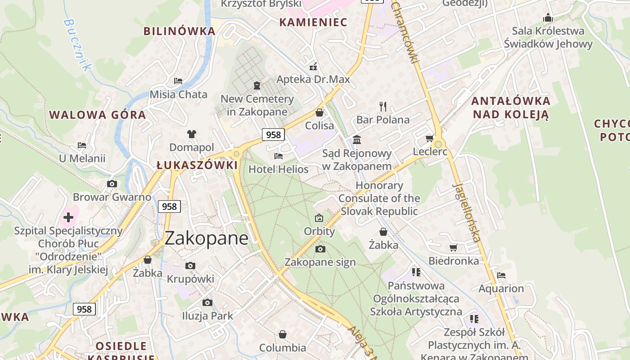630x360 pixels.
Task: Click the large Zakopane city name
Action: [x=206, y=238]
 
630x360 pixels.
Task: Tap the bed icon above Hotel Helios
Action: [x=279, y=156]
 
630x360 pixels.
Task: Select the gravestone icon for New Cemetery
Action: [x=257, y=85]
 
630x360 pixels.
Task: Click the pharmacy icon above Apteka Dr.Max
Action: [x=313, y=67]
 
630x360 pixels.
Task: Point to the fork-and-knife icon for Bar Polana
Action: [x=383, y=106]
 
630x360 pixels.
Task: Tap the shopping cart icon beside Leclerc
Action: [x=429, y=138]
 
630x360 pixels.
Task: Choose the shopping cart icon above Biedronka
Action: [x=453, y=247]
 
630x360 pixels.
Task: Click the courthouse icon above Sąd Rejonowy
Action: [x=357, y=139]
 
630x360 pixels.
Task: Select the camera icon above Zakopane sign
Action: [x=320, y=249]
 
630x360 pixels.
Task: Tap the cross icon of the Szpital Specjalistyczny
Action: [x=68, y=217]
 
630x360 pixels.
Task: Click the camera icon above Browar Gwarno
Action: [x=112, y=184]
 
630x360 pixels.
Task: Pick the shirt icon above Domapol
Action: [x=192, y=134]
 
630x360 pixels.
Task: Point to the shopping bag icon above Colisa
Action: [x=319, y=112]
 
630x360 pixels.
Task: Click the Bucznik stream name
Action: [x=77, y=45]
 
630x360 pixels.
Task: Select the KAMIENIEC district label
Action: [x=313, y=22]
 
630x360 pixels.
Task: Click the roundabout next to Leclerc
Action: [x=439, y=144]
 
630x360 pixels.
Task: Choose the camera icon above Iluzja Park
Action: [x=207, y=302]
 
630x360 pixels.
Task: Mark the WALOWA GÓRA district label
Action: [x=98, y=115]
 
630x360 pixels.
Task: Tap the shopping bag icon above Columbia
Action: [x=283, y=334]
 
